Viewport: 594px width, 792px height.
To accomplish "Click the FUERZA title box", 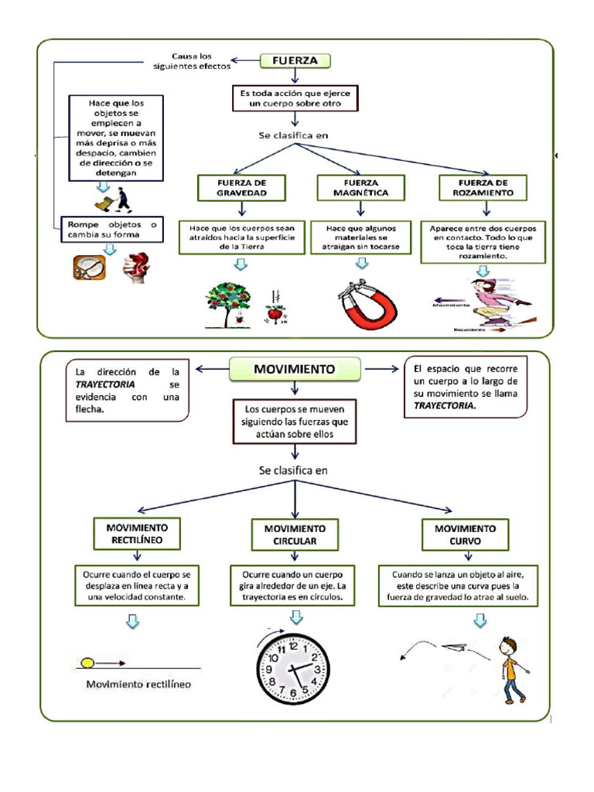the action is (x=295, y=60).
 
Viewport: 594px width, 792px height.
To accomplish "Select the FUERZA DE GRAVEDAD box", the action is (x=241, y=188).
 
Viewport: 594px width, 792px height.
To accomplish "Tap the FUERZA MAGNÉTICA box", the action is (x=360, y=188).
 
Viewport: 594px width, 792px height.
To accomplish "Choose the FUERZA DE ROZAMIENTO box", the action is (x=483, y=188).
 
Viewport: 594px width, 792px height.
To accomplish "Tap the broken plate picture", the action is (x=90, y=267).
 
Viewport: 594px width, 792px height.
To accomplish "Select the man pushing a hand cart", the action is (x=114, y=200).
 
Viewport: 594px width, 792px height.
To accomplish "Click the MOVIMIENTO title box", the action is (x=295, y=369).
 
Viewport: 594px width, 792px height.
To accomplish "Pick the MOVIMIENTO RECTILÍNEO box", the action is (x=137, y=534).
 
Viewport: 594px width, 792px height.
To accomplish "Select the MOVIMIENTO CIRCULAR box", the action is (x=295, y=535).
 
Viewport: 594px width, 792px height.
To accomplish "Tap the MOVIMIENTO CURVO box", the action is (x=465, y=535).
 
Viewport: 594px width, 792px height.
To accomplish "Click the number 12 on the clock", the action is (x=293, y=646).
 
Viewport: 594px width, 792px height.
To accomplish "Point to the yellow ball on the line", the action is (x=87, y=663).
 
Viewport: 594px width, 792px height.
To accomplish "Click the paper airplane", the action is (x=454, y=647).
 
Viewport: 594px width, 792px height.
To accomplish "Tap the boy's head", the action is (x=508, y=647).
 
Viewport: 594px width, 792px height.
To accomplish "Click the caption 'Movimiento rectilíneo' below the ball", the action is (x=138, y=684).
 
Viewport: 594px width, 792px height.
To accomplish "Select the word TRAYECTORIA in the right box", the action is (x=445, y=405).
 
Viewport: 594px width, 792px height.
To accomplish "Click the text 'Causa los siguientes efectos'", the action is (x=192, y=61).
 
